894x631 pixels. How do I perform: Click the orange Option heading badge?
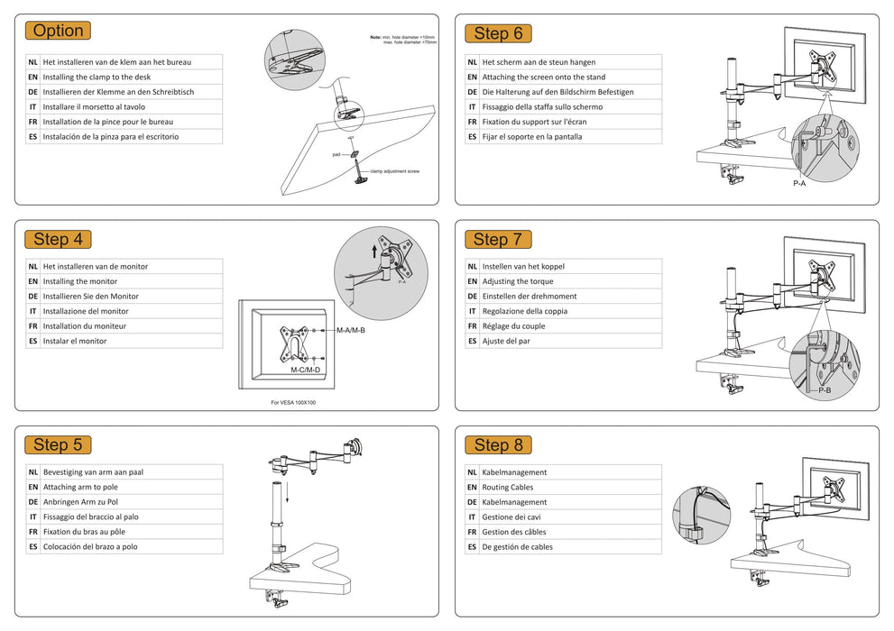[58, 31]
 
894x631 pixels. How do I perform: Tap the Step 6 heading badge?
[498, 33]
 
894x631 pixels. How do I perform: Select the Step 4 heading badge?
[58, 239]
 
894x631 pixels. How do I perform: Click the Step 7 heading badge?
[498, 239]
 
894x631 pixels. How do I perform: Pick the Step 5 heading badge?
[58, 444]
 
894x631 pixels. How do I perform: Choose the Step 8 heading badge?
[498, 444]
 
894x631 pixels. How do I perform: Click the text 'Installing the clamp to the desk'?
[97, 77]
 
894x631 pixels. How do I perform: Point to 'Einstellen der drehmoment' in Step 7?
[530, 297]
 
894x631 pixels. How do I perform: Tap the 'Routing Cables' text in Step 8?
[508, 487]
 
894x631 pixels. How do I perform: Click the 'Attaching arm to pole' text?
[80, 487]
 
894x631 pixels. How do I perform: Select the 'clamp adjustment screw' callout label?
[394, 171]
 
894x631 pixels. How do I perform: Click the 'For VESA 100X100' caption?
[293, 403]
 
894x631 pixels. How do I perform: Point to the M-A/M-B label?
[351, 331]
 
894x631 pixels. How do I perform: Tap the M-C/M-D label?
[306, 370]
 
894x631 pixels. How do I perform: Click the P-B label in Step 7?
[825, 390]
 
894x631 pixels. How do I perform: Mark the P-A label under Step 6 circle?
[799, 184]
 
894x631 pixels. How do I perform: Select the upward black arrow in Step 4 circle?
[375, 250]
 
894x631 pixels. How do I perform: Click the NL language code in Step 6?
[473, 62]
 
